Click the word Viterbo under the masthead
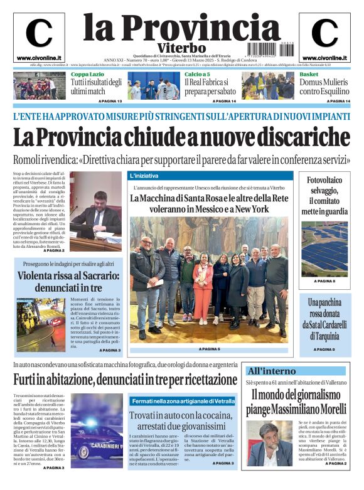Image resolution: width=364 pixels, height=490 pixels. (181, 48)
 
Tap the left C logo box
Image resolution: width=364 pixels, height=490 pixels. (39, 36)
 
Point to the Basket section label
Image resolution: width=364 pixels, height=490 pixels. (308, 74)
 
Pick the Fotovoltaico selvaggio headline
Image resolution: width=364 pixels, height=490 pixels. (324, 196)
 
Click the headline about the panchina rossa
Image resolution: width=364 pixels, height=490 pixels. (324, 319)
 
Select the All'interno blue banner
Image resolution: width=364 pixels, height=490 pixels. (295, 371)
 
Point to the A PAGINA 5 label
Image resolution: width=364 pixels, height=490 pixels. (209, 349)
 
